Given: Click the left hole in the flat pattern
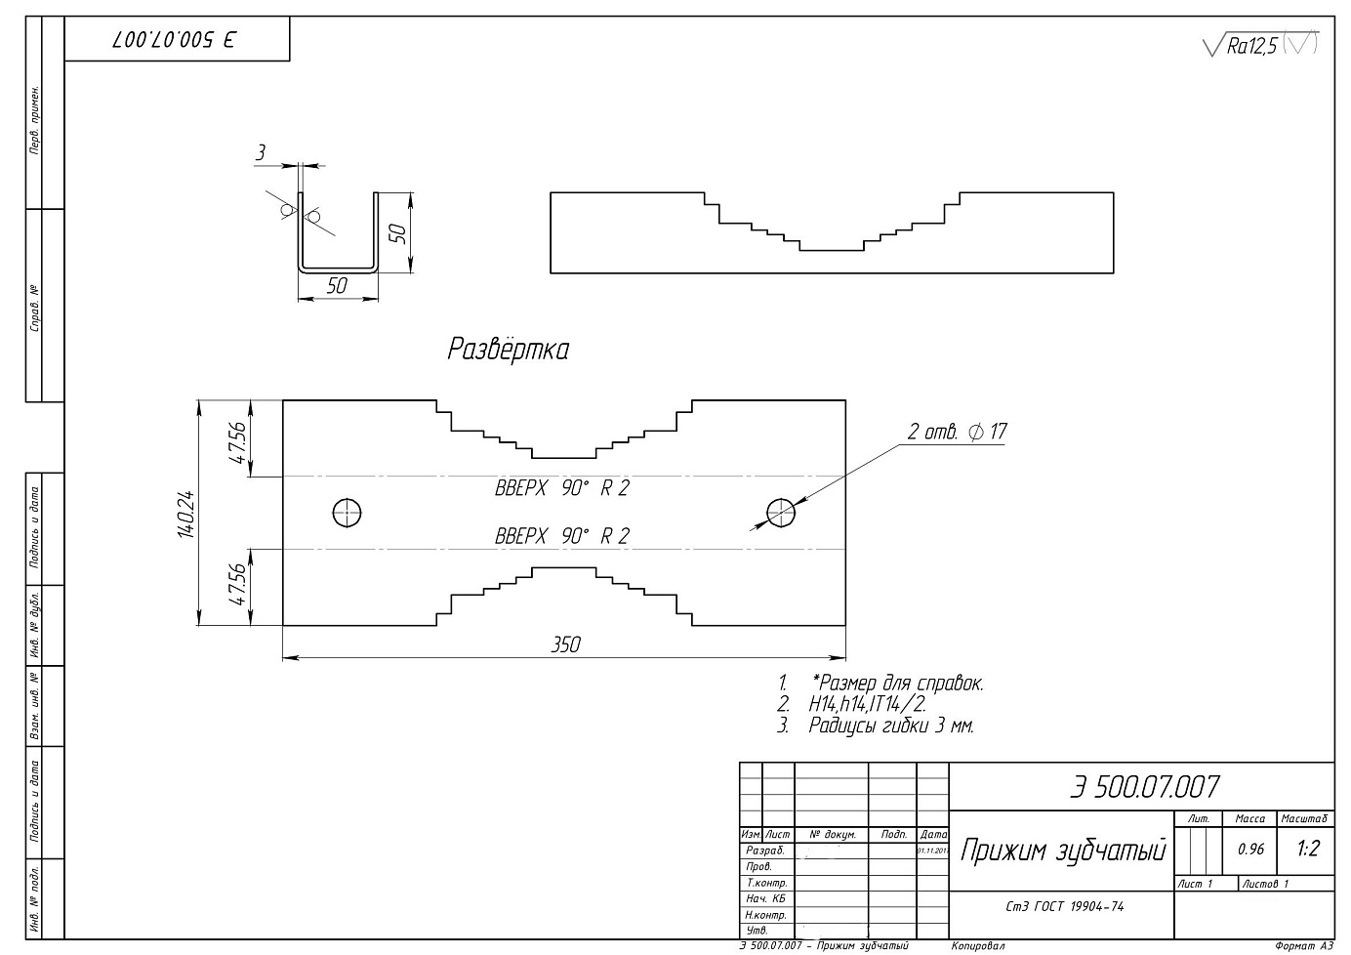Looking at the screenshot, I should click(348, 512).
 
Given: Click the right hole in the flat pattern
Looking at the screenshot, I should click(781, 512).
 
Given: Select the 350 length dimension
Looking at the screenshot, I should click(565, 644).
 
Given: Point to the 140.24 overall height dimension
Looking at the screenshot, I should click(186, 513).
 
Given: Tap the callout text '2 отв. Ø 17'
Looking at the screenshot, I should click(957, 432).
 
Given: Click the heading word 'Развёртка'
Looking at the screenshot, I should click(508, 350).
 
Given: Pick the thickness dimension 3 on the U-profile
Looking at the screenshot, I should click(261, 152).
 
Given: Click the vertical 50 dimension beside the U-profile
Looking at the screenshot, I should click(397, 232).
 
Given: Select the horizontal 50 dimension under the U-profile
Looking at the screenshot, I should click(337, 286).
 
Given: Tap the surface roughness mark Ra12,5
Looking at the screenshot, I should click(1251, 46).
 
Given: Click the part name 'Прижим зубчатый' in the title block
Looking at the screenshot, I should click(1063, 851).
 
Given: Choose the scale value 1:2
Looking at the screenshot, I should click(1308, 850).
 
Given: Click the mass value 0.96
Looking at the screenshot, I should click(1250, 850).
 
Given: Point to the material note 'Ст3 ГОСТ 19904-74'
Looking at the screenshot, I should click(1064, 906).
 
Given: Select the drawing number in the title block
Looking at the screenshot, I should click(1144, 787).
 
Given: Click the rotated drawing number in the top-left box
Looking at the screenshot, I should click(177, 40).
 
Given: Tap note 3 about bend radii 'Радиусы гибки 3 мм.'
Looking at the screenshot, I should click(890, 726).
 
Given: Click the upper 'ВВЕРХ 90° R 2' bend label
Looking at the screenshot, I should click(562, 488).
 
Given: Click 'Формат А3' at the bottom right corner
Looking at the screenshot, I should click(1303, 946).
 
